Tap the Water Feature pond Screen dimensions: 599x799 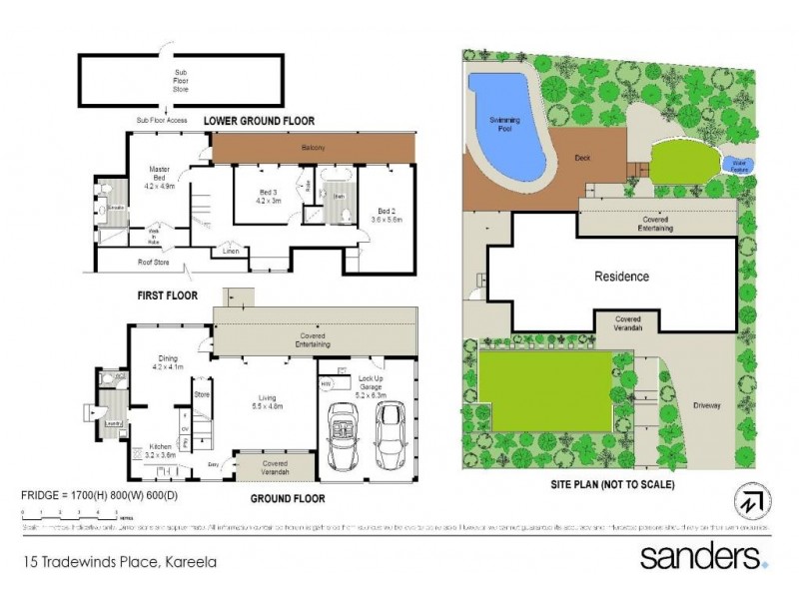[x=740, y=164]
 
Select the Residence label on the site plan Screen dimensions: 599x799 [x=621, y=277]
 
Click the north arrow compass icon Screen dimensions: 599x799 [x=754, y=499]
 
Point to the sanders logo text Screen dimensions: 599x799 [x=703, y=555]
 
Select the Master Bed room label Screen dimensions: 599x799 [x=160, y=176]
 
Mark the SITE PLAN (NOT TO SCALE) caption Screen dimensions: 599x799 [x=612, y=484]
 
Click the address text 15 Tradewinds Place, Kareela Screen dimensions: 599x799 [x=120, y=561]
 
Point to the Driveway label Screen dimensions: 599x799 [x=710, y=407]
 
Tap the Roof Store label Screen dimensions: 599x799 [x=151, y=265]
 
